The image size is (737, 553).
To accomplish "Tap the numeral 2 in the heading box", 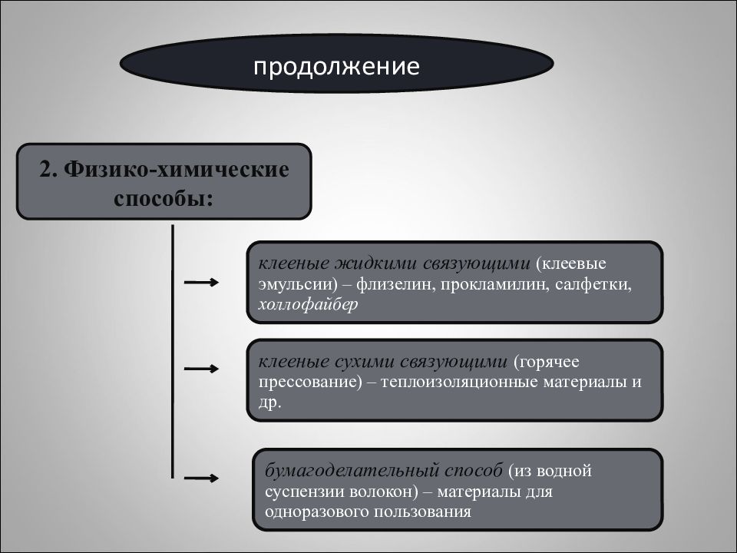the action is [45, 169].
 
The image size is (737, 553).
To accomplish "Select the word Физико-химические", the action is [177, 170].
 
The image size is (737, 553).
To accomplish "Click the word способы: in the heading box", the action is [164, 198].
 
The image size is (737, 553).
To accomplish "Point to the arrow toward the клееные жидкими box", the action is [201, 282].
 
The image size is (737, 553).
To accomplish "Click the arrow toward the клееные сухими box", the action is [201, 368].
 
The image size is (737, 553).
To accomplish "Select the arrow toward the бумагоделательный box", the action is [201, 478].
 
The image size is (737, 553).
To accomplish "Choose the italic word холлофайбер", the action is [308, 304].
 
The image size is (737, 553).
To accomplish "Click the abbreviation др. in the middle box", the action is [269, 402].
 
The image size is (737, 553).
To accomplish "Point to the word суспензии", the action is [304, 492].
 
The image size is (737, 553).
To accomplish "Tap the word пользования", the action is [421, 512].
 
